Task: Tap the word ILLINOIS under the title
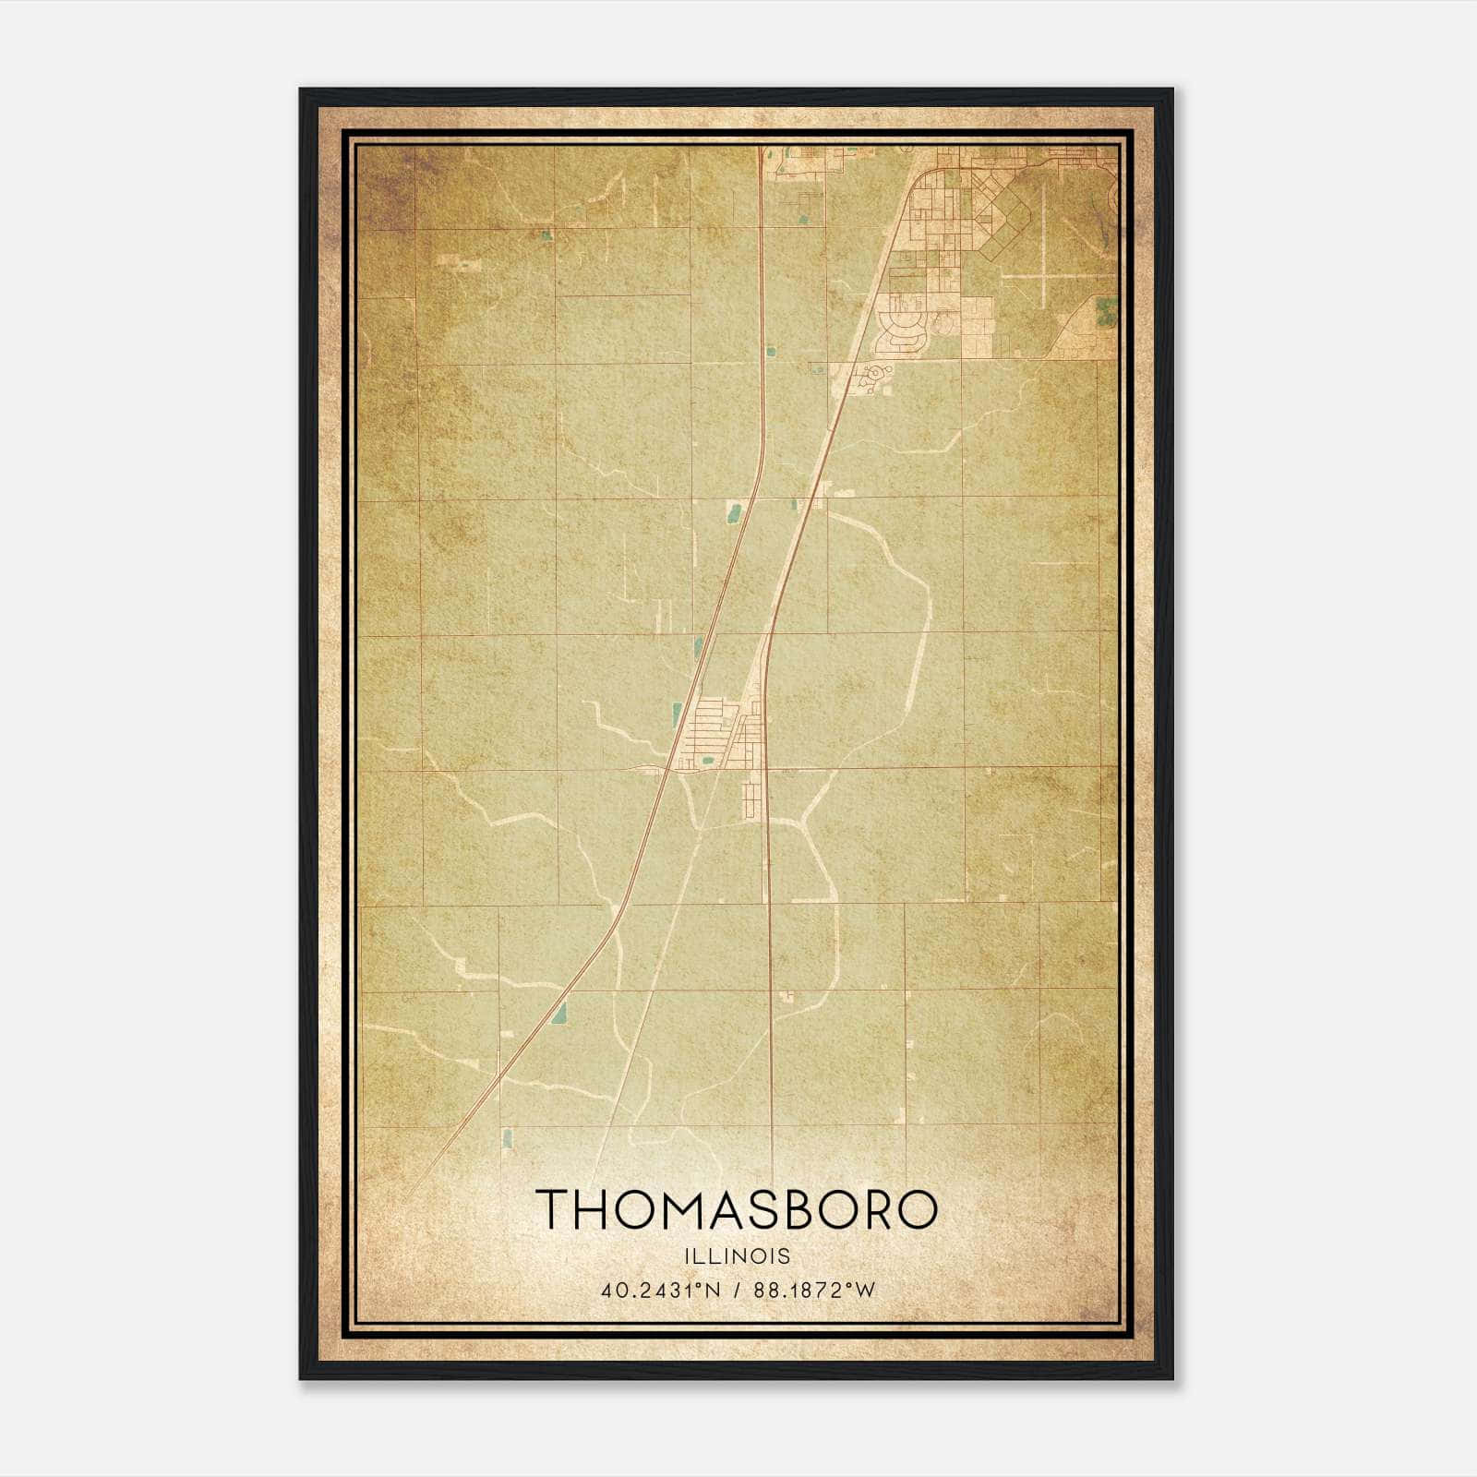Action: [x=737, y=1256]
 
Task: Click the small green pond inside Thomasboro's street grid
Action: [x=707, y=761]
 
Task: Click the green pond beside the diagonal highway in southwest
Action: [x=558, y=1014]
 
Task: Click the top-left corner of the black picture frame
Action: [x=301, y=90]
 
